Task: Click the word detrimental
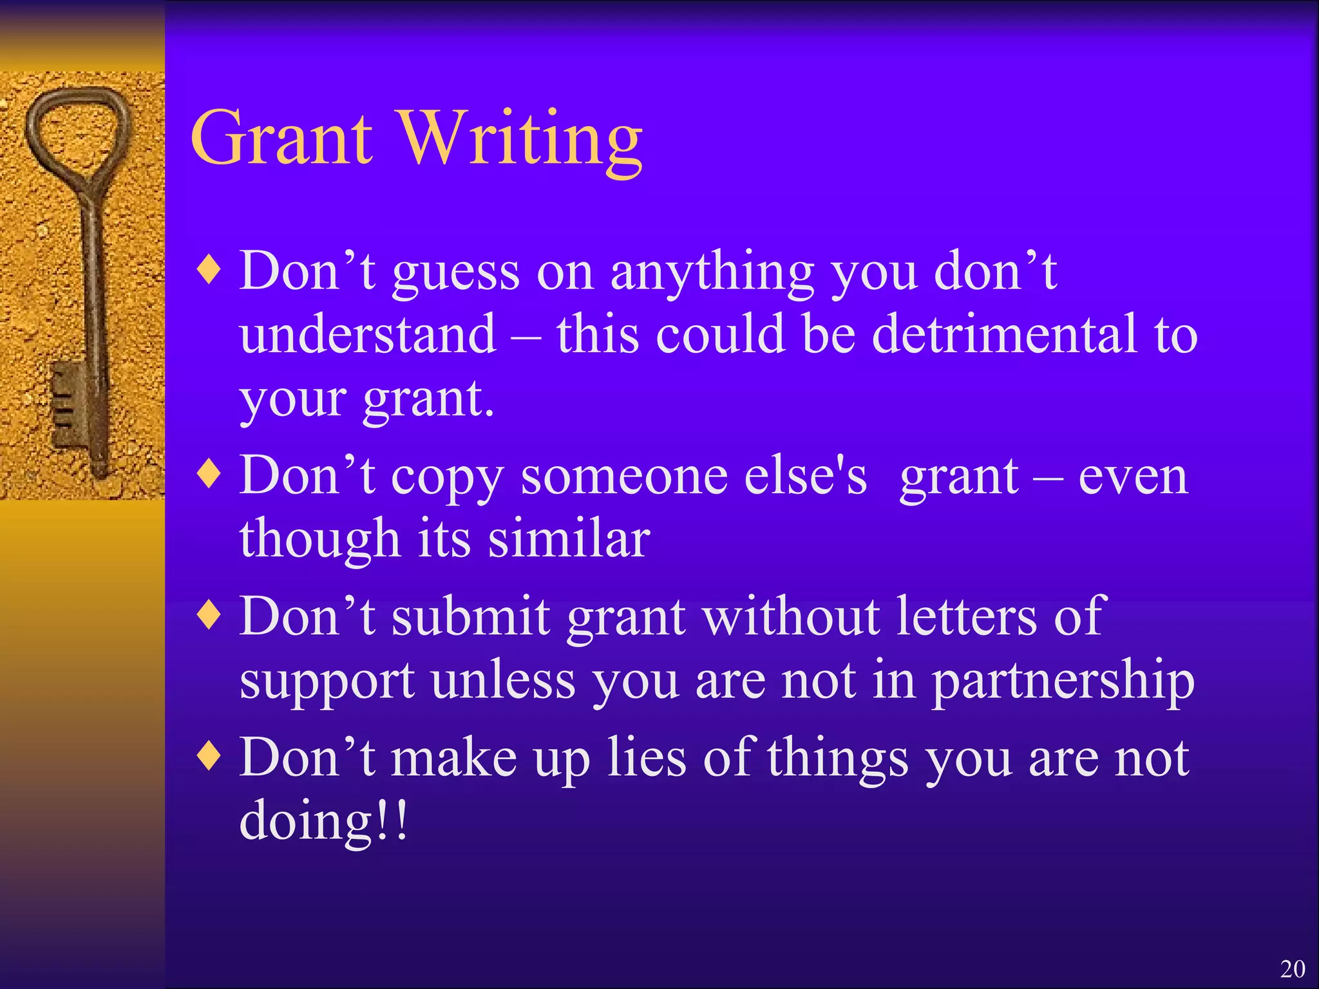pos(1005,334)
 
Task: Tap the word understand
pos(368,334)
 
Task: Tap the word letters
pos(966,616)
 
